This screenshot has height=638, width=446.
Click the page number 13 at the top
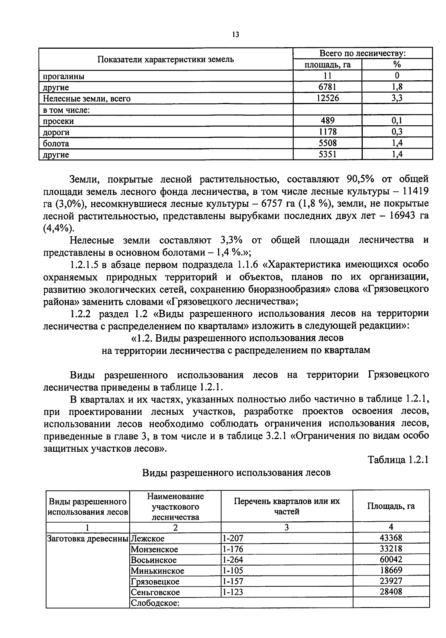(235, 35)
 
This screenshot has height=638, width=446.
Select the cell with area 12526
(327, 99)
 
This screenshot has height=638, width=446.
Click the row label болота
(56, 144)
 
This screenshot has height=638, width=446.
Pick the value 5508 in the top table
(327, 143)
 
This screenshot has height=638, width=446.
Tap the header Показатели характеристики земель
(166, 59)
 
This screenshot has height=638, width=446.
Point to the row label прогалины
(64, 77)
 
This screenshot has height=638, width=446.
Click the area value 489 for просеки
(327, 120)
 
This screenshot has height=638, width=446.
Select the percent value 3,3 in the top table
(397, 99)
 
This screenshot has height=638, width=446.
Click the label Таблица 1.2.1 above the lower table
(398, 460)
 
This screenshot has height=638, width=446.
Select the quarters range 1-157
(233, 581)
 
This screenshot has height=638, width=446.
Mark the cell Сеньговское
(155, 592)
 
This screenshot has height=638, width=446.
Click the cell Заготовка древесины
(88, 538)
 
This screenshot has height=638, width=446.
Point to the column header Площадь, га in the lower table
(391, 506)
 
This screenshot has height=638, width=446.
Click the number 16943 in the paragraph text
(395, 216)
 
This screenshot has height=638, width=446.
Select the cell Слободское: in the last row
(155, 603)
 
